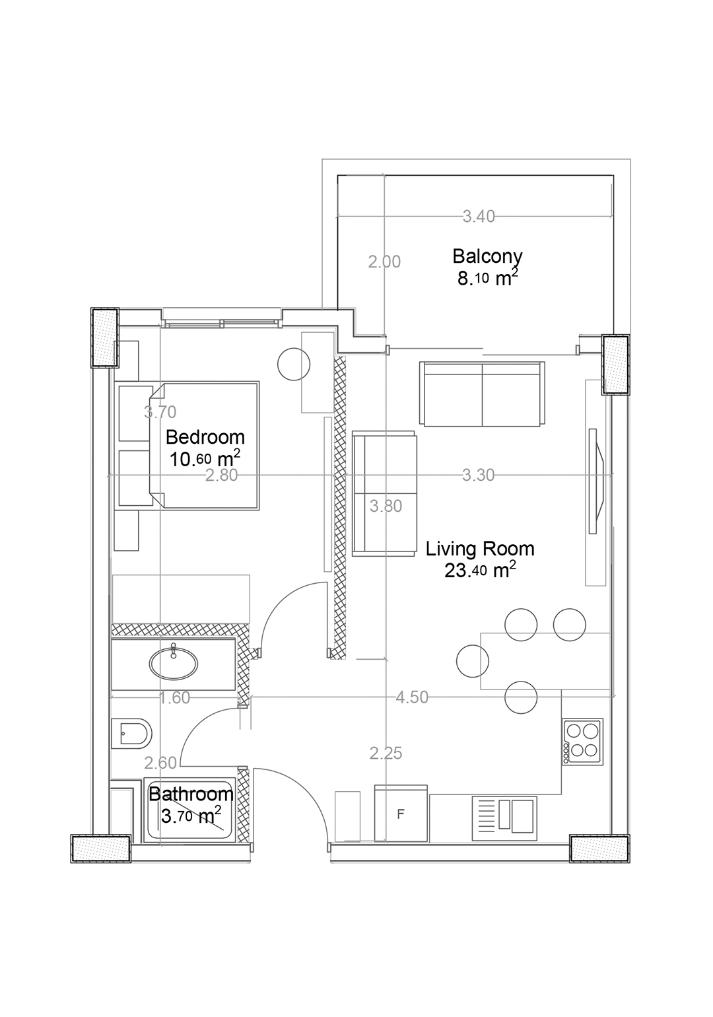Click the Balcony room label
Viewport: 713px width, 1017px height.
[x=487, y=256]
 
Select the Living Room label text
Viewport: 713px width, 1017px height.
[x=480, y=549]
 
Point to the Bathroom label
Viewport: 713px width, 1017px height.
[x=191, y=794]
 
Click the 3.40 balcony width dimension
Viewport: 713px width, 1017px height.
[x=479, y=217]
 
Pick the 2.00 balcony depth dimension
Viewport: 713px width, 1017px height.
[x=384, y=262]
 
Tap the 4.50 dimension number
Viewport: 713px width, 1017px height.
[x=412, y=697]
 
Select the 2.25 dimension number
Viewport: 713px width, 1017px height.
[x=386, y=754]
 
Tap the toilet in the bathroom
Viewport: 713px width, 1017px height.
[x=131, y=734]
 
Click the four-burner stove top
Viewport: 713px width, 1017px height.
[x=582, y=742]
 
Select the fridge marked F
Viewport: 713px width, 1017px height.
[x=401, y=813]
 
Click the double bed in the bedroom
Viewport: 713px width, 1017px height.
[x=204, y=445]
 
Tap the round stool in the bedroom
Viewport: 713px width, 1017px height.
[x=294, y=364]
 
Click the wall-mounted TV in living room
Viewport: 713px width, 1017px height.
[x=596, y=481]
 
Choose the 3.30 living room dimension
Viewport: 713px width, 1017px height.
[x=479, y=475]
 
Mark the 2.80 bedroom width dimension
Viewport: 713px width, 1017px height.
[x=221, y=475]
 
